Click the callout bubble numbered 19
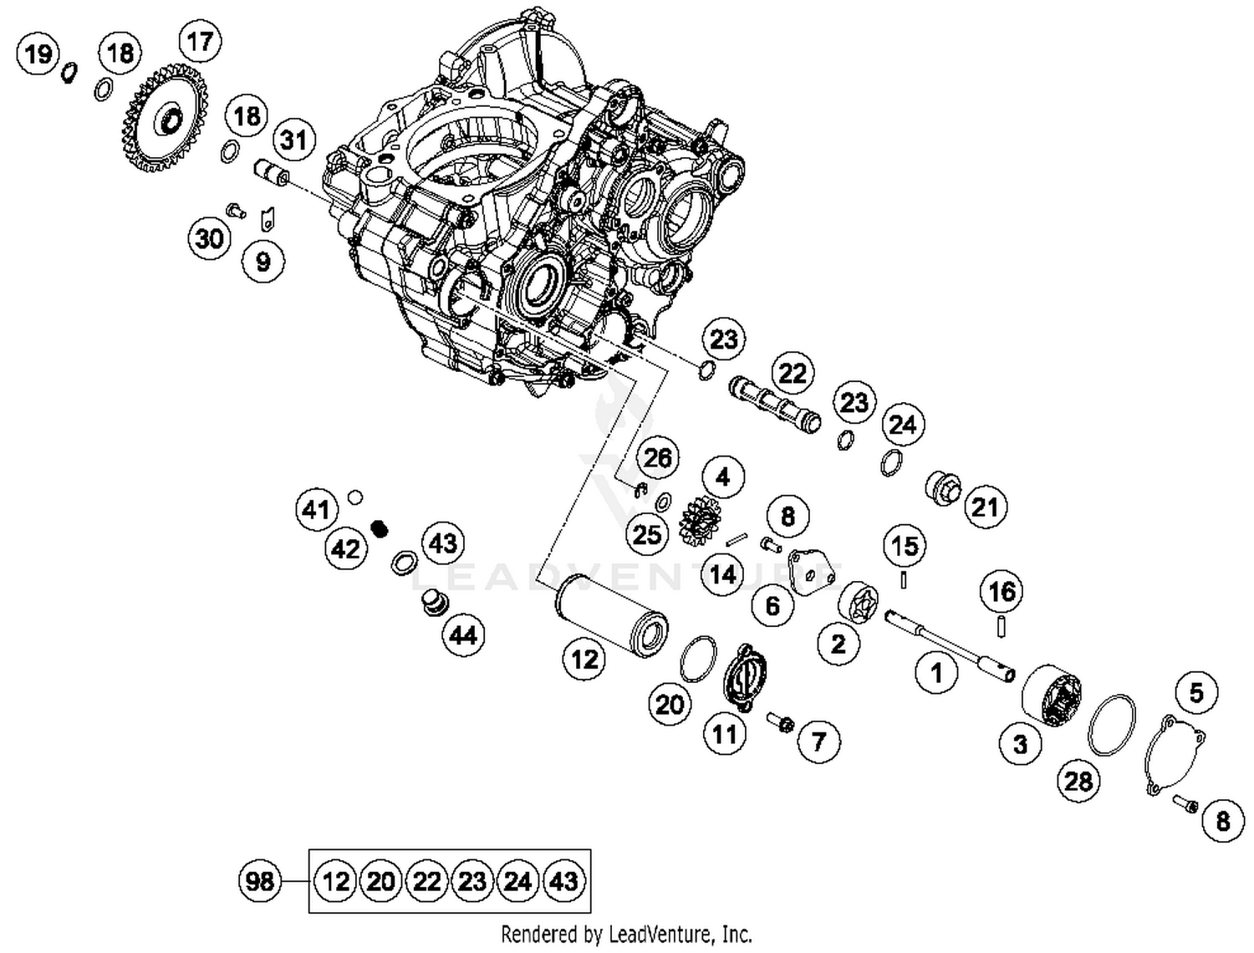[38, 54]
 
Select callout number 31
[293, 140]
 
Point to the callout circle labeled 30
[209, 239]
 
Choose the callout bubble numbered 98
[260, 881]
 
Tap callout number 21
[985, 507]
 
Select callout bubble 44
[463, 636]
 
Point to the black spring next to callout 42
[380, 529]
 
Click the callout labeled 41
[316, 509]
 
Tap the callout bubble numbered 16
[1002, 592]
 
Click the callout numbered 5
[1196, 693]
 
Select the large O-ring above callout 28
[1111, 724]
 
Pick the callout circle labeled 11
[724, 734]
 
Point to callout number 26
[657, 458]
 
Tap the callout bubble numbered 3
[1020, 744]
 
